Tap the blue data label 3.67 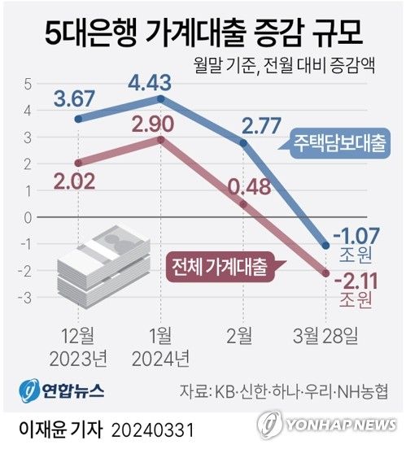(x=74, y=101)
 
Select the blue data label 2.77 (x=245, y=124)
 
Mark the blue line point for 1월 (x=161, y=99)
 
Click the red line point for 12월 (x=77, y=163)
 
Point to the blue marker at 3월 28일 (x=327, y=245)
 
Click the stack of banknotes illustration (x=105, y=259)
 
